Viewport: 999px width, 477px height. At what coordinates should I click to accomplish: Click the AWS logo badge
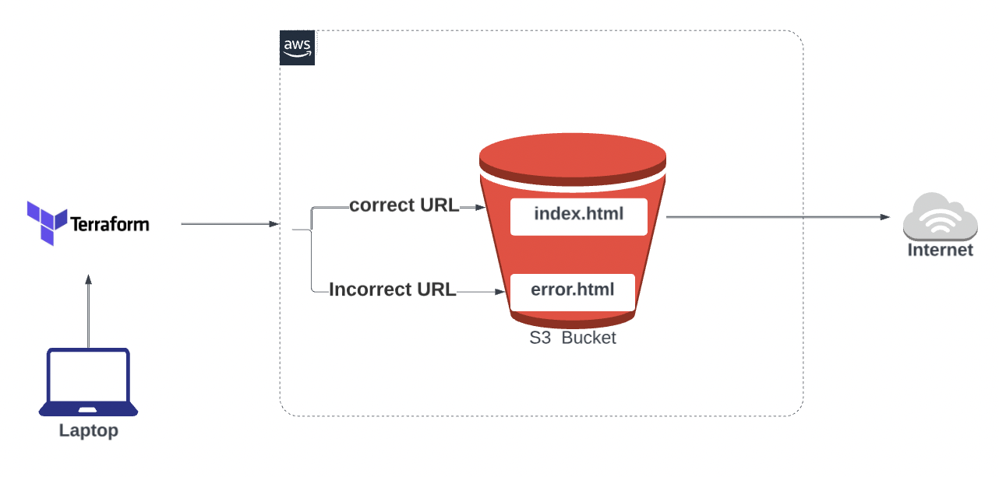coord(297,48)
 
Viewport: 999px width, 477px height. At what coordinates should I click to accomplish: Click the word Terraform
coord(110,225)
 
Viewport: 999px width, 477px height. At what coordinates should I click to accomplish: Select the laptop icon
coord(89,383)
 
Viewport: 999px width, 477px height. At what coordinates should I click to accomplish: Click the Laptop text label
coord(89,430)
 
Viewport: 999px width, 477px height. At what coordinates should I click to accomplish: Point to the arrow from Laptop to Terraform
coord(89,311)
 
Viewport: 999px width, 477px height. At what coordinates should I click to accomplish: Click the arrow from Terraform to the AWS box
coord(229,224)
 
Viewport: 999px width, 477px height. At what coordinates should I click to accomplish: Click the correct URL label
coord(404,206)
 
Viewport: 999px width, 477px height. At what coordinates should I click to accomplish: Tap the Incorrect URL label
coord(393,290)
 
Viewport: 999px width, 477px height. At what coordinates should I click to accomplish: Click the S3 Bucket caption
coord(573,338)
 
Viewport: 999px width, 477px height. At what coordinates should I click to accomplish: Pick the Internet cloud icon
coord(940,217)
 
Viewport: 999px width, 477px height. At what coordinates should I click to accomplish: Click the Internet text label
coord(941,251)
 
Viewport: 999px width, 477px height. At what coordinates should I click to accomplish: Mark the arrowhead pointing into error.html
coord(502,293)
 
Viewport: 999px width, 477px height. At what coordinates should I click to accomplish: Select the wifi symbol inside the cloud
coord(940,222)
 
